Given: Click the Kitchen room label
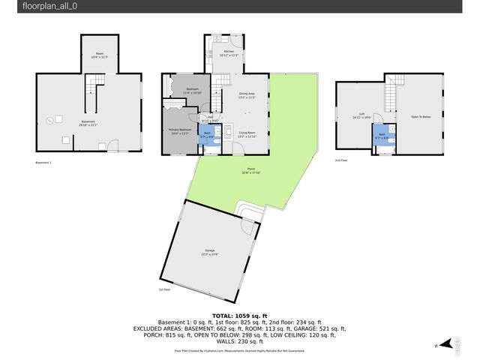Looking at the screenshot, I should pos(218,52).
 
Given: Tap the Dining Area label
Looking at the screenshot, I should pos(247,95).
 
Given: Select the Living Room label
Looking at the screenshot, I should pos(247,135).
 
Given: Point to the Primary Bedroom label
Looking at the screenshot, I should pos(179,131).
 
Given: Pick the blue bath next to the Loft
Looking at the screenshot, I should pos(382,136).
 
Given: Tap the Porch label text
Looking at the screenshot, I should pos(251,171).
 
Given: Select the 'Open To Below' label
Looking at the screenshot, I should pos(420,117).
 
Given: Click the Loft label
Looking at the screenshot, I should pos(361,116).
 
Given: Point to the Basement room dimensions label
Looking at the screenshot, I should pos(89,124).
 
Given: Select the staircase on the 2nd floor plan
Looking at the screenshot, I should pos(391,94).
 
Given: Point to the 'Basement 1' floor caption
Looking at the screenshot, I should pos(44,162).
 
